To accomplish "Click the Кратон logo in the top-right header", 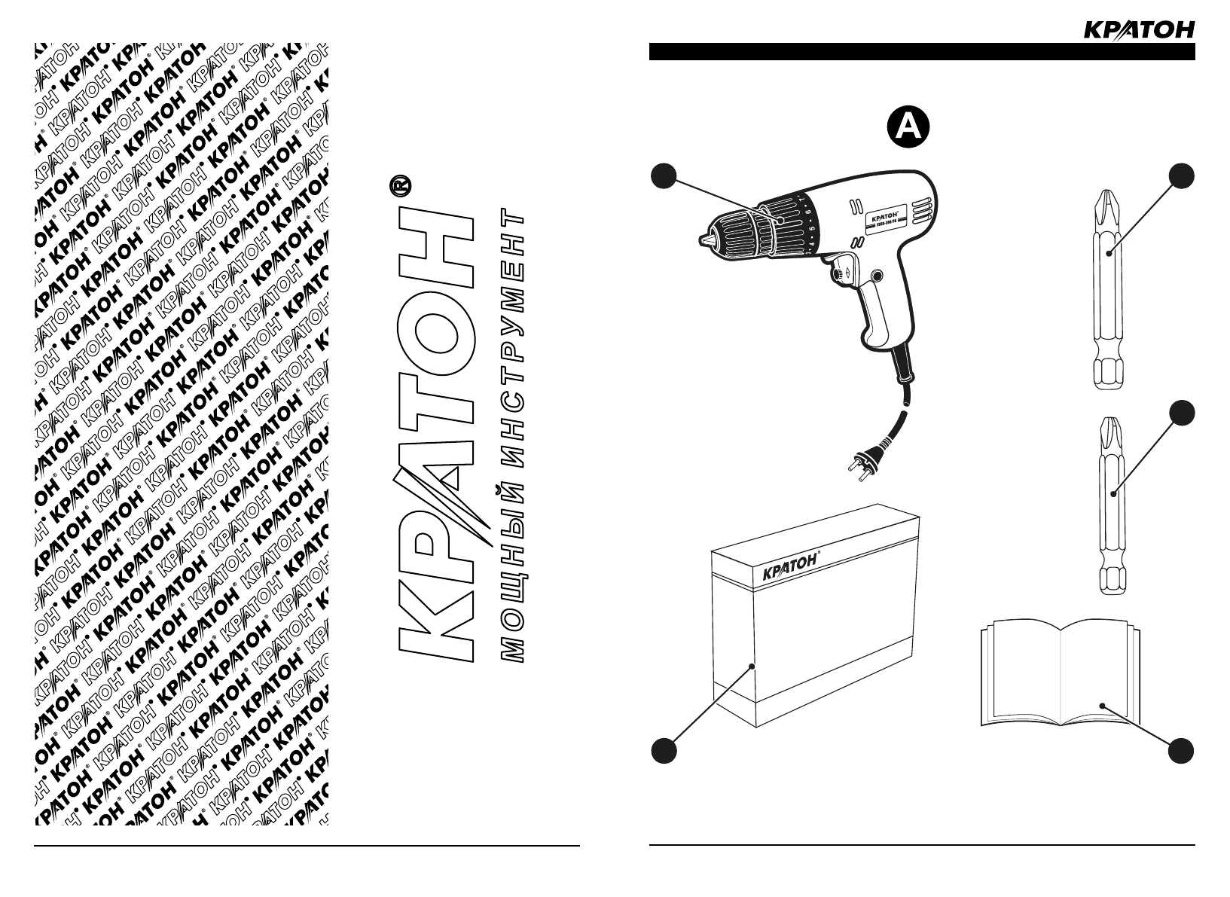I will pyautogui.click(x=1138, y=29).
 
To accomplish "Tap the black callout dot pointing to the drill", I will pyautogui.click(x=663, y=175).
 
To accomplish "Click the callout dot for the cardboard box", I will pyautogui.click(x=663, y=751).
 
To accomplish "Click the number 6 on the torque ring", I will pyautogui.click(x=807, y=213).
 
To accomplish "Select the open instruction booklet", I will pyautogui.click(x=1059, y=672).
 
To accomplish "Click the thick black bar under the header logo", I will pyautogui.click(x=921, y=51).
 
